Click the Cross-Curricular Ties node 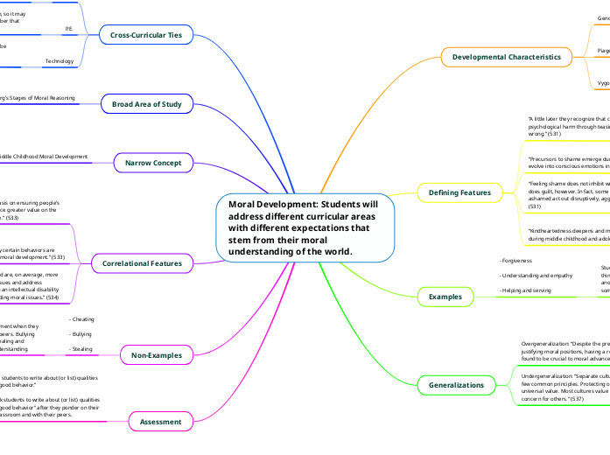tap(145, 35)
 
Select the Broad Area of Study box tap(147, 104)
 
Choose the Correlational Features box tap(142, 262)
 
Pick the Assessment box tap(160, 422)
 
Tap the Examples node tap(445, 297)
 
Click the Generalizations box tap(456, 385)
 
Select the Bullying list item tap(81, 334)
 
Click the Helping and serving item tap(525, 290)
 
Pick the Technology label tap(60, 60)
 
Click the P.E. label tap(68, 29)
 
